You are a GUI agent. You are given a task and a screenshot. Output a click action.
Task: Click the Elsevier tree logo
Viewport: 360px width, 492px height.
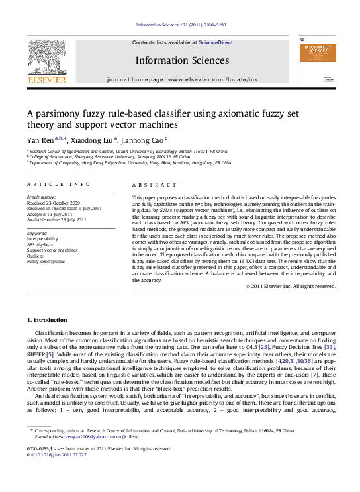click(x=46, y=58)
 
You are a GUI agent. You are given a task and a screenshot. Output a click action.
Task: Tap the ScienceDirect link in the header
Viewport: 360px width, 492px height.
click(x=216, y=42)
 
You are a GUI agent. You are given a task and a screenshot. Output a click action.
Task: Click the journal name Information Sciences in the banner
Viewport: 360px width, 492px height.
click(x=182, y=60)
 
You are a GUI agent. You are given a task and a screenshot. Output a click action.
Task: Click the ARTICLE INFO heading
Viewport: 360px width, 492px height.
click(x=59, y=184)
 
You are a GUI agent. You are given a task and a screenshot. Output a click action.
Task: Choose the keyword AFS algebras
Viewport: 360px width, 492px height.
click(x=41, y=244)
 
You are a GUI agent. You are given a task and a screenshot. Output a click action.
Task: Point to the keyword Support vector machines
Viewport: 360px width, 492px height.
click(x=52, y=250)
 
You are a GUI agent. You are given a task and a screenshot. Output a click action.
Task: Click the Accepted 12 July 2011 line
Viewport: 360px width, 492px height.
click(x=48, y=214)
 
